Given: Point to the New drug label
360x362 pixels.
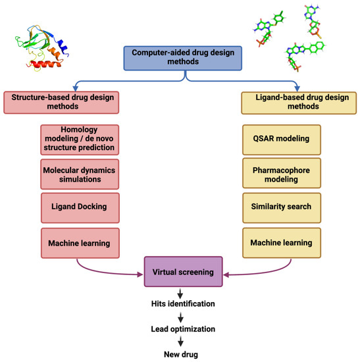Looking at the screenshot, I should tap(180, 354).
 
